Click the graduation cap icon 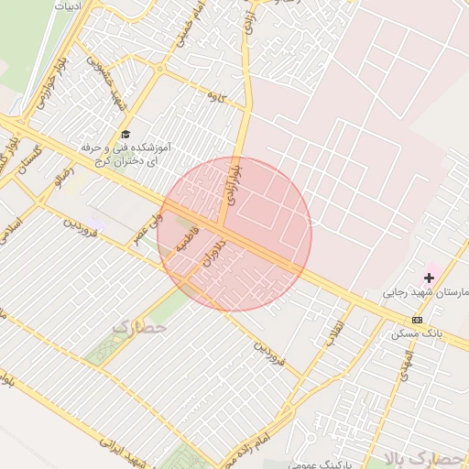click(125, 135)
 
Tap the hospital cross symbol click(429, 277)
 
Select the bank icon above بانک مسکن click(418, 320)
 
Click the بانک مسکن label click(417, 333)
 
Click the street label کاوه click(216, 95)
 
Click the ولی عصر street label click(146, 226)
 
